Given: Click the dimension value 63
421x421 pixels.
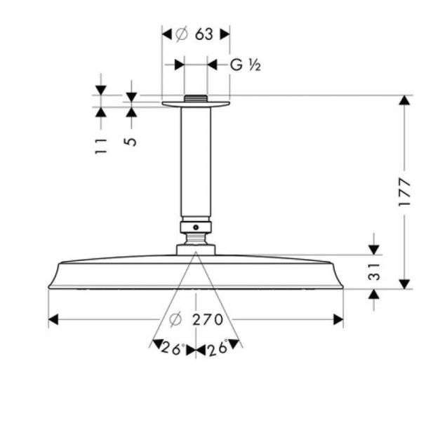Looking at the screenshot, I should coord(203,34).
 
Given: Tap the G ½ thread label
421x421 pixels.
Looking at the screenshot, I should coord(246,65).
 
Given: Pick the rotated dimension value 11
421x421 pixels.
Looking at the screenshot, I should coord(101,146).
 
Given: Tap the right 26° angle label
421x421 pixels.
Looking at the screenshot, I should coord(218,348).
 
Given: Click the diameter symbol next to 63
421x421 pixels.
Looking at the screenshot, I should coord(181,34).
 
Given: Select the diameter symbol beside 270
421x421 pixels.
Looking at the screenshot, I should coord(175,320).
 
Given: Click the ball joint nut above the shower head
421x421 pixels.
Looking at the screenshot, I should coord(196,227).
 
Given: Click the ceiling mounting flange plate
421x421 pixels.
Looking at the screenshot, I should coord(196,105).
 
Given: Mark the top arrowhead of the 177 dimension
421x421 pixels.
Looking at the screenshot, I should coord(404,100).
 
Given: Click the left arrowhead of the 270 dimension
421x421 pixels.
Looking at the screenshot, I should coord(53,320).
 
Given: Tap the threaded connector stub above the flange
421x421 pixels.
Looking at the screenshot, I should coord(196,98).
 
